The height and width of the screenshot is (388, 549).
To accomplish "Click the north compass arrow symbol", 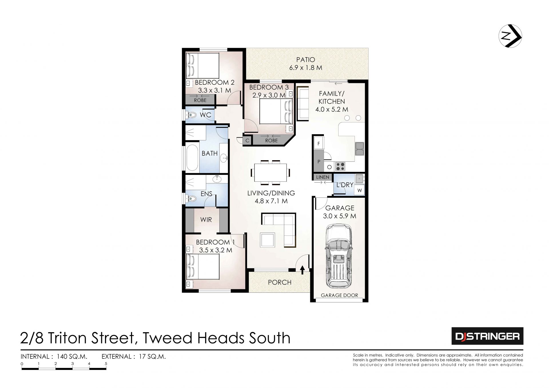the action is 510,37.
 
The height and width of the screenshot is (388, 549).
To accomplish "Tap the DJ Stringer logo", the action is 487,336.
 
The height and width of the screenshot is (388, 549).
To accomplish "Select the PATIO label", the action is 306,60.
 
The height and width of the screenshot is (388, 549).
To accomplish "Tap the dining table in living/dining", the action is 270,173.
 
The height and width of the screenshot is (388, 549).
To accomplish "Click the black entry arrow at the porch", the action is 303,270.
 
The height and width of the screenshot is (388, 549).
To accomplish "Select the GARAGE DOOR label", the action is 339,295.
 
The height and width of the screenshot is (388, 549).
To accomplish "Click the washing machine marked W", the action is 359,190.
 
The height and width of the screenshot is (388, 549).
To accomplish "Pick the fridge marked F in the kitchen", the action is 319,143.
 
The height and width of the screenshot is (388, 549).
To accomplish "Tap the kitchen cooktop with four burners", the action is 340,166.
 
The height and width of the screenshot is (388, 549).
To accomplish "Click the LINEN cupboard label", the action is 323,177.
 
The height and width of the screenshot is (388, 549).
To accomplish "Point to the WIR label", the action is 206,219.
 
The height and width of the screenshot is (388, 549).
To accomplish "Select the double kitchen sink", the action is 359,149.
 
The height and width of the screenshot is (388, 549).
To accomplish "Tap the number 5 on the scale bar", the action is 106,364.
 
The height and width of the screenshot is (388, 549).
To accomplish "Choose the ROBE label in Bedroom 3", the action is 271,140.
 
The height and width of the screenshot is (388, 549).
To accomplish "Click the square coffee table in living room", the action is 267,240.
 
